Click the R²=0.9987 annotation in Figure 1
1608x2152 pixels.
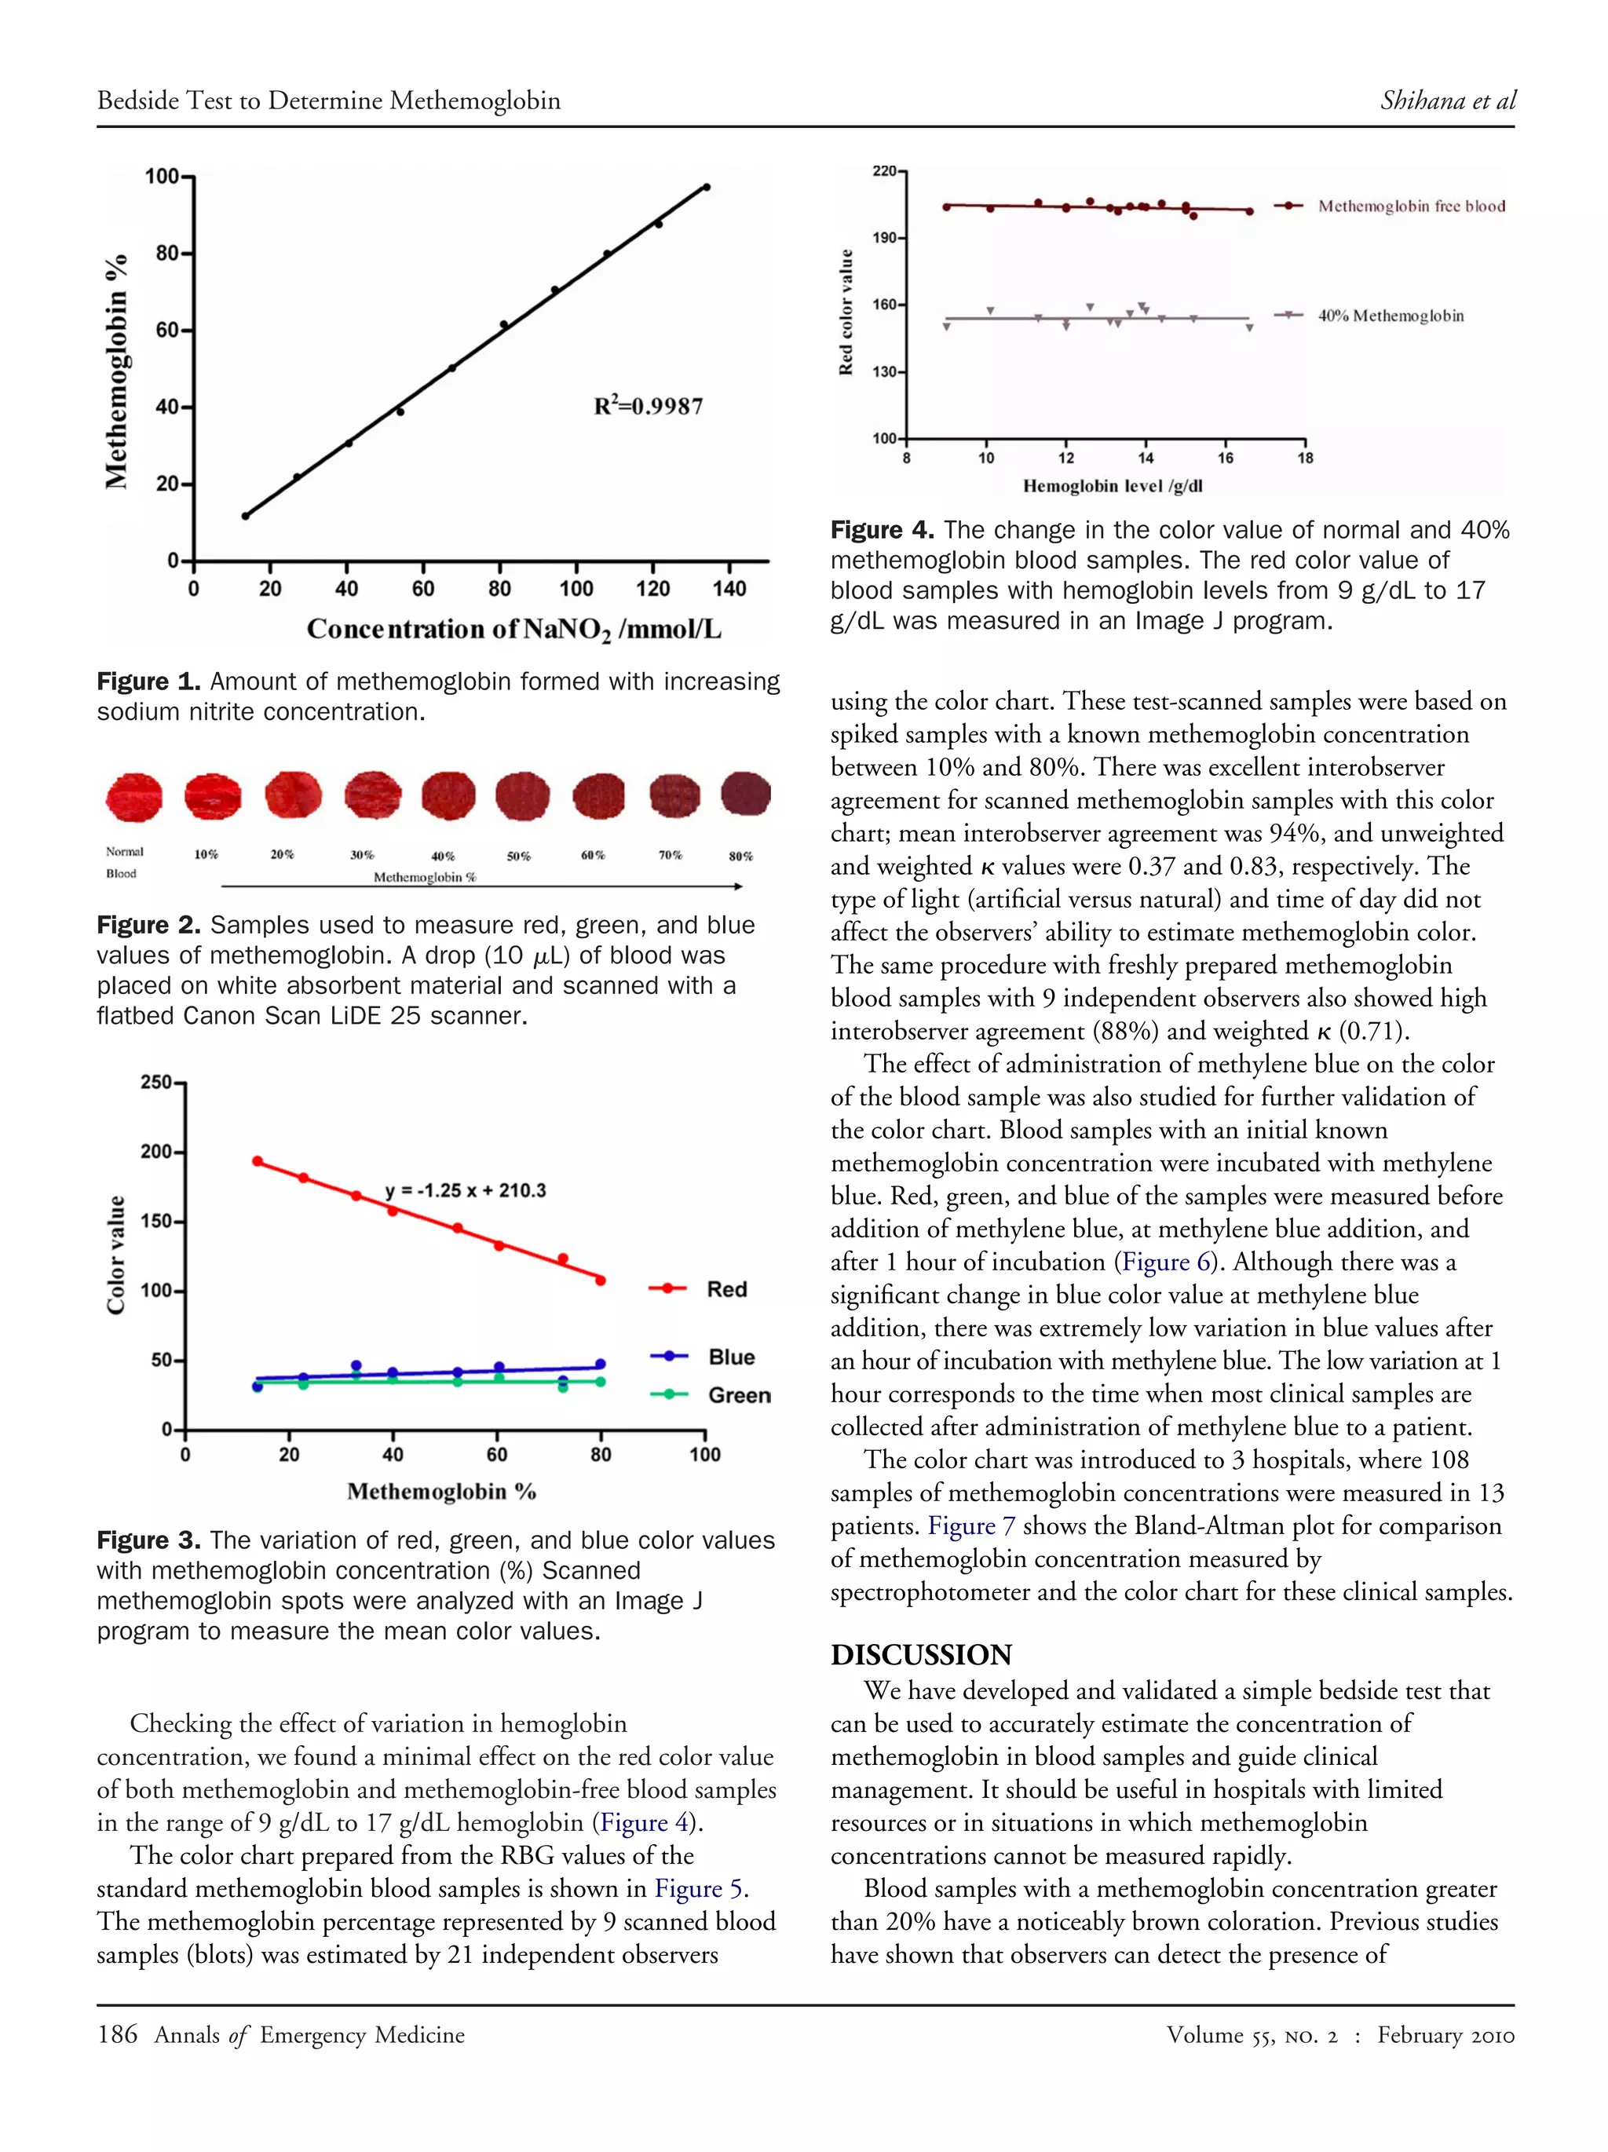[x=648, y=406]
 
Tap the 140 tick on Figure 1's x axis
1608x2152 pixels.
[x=729, y=589]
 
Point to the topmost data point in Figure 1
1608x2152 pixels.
[x=706, y=187]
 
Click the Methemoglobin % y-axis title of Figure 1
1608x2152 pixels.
[x=117, y=371]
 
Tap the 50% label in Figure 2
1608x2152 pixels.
[x=518, y=856]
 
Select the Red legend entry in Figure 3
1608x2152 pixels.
[x=725, y=1289]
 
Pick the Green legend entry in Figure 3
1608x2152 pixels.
[x=738, y=1395]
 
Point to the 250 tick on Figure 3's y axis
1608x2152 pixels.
[x=155, y=1082]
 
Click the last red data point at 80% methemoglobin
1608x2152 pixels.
[x=600, y=1281]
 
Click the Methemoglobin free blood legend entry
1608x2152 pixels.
[x=1410, y=206]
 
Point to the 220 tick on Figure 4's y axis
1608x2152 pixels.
[x=883, y=171]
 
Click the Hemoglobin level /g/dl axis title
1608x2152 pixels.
[x=1113, y=485]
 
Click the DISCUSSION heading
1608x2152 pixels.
[x=920, y=1654]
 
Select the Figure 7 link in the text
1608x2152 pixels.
[x=970, y=1525]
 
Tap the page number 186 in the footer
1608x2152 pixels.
[x=117, y=2034]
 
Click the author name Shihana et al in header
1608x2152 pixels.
[x=1446, y=100]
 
